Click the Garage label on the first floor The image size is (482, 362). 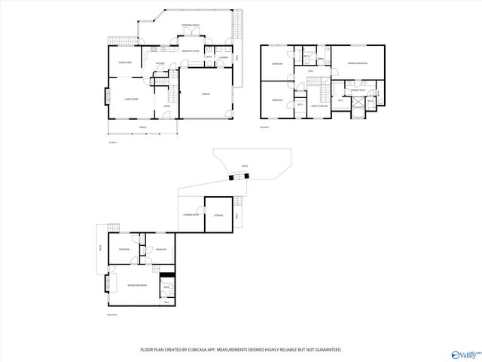click(x=206, y=94)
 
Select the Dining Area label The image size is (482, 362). click(x=125, y=63)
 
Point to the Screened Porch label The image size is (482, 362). click(x=190, y=26)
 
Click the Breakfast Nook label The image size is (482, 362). click(x=191, y=51)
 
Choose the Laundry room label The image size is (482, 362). click(x=223, y=57)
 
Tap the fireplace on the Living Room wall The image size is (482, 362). click(x=106, y=97)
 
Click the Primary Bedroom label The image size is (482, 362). click(x=357, y=63)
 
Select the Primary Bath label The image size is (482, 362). click(x=357, y=90)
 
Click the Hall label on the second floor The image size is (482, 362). click(x=310, y=72)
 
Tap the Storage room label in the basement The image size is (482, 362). click(x=218, y=216)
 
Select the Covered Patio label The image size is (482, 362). click(x=191, y=216)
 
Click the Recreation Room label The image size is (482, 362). click(x=136, y=285)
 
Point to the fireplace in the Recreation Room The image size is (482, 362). click(x=108, y=283)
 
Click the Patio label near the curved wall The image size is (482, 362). click(x=244, y=166)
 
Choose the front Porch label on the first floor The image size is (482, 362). click(x=142, y=127)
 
